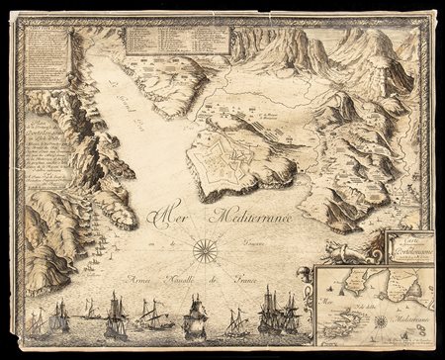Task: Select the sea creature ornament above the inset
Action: coord(350,251)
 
